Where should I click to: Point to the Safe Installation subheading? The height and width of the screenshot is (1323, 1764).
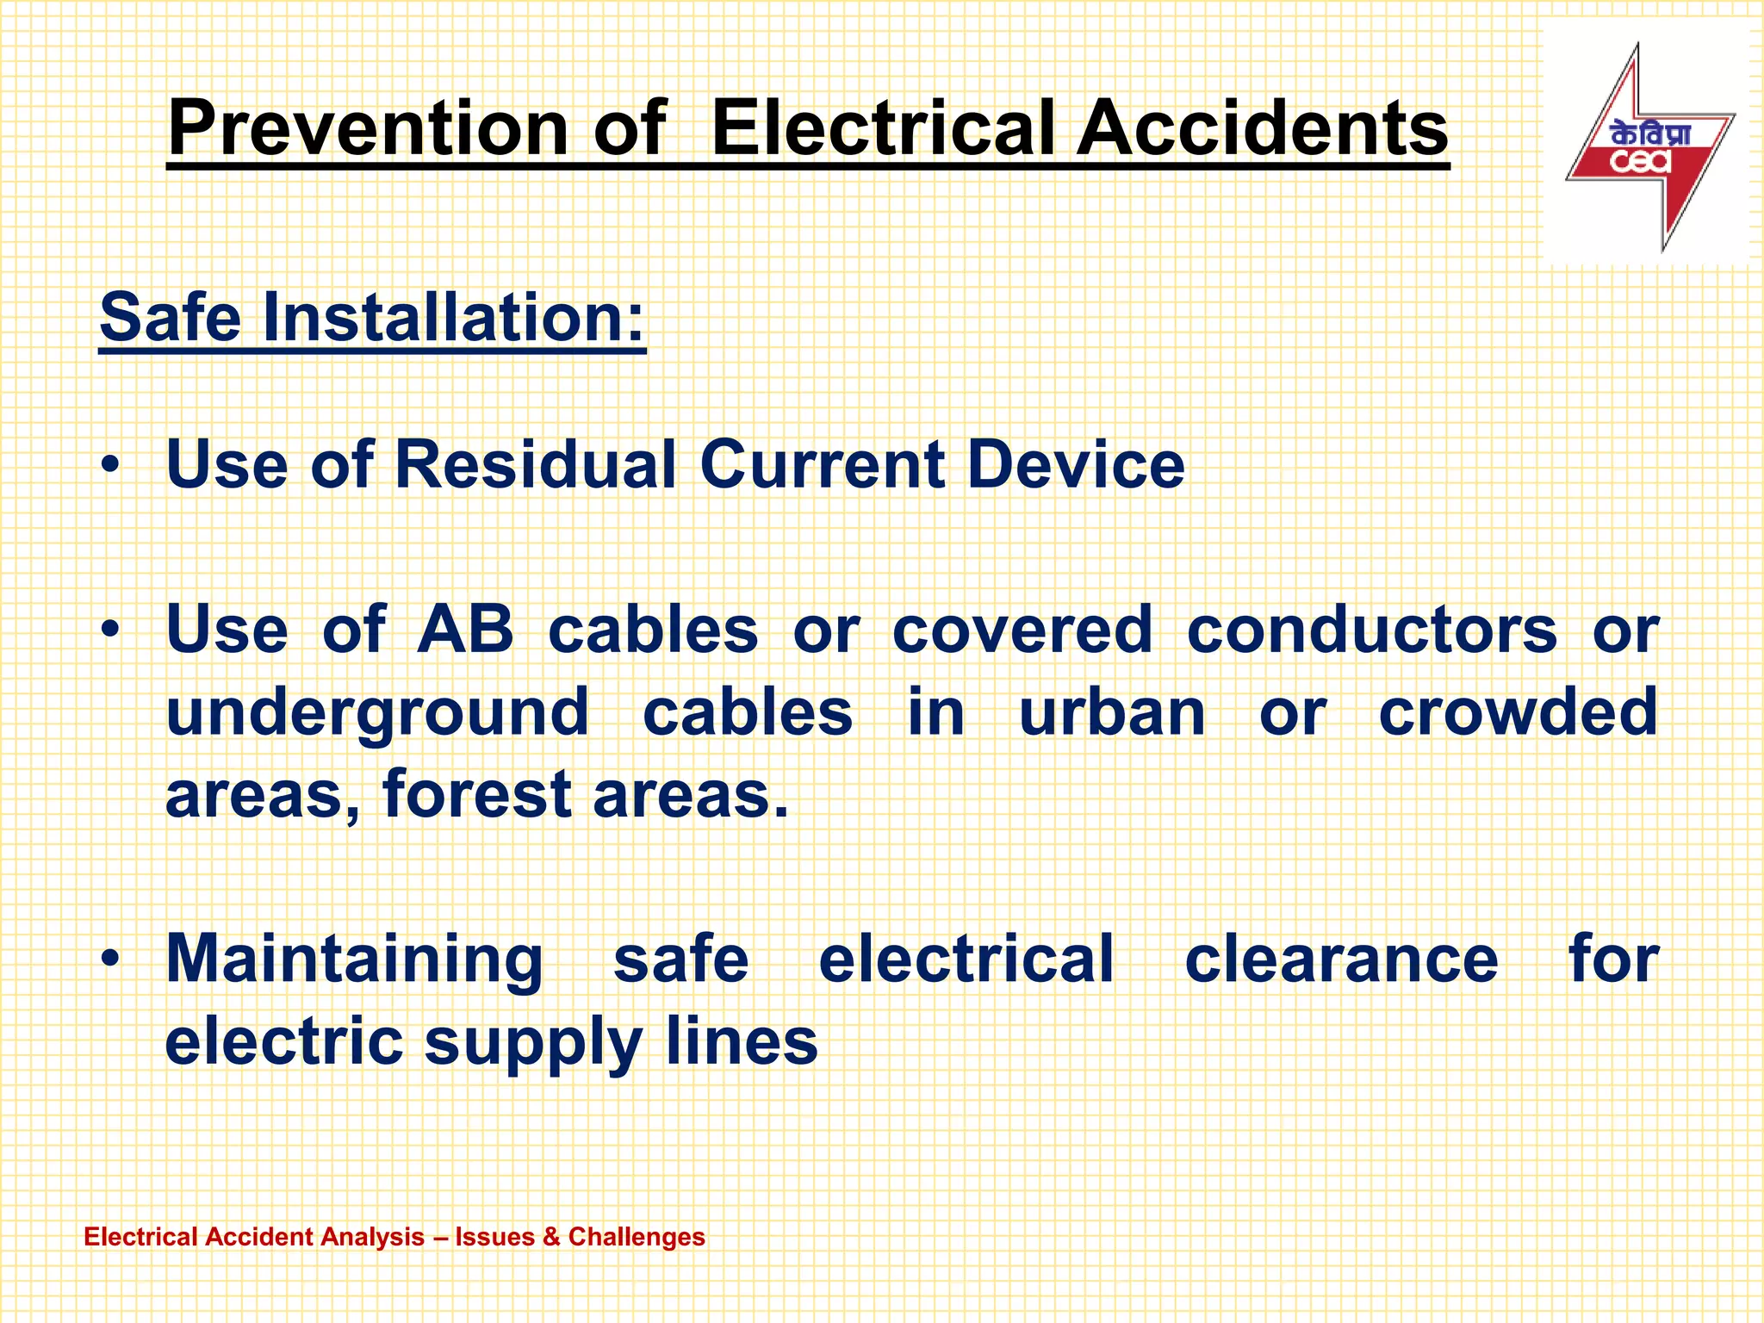pyautogui.click(x=372, y=317)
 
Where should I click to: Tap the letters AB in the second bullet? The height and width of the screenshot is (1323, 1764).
pyautogui.click(x=464, y=629)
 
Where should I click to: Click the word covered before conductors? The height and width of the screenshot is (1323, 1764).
pyautogui.click(x=1022, y=629)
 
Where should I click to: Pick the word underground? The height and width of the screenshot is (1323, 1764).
pyautogui.click(x=377, y=713)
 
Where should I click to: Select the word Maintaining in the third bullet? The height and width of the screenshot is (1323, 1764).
pyautogui.click(x=354, y=960)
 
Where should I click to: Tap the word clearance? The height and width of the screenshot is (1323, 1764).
pyautogui.click(x=1341, y=958)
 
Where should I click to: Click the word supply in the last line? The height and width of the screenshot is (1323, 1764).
pyautogui.click(x=534, y=1042)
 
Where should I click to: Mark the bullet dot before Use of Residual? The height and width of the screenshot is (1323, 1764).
pyautogui.click(x=109, y=466)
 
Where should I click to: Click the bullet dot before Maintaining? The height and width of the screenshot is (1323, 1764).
pyautogui.click(x=109, y=960)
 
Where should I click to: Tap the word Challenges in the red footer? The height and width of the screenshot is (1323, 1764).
pyautogui.click(x=637, y=1237)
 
